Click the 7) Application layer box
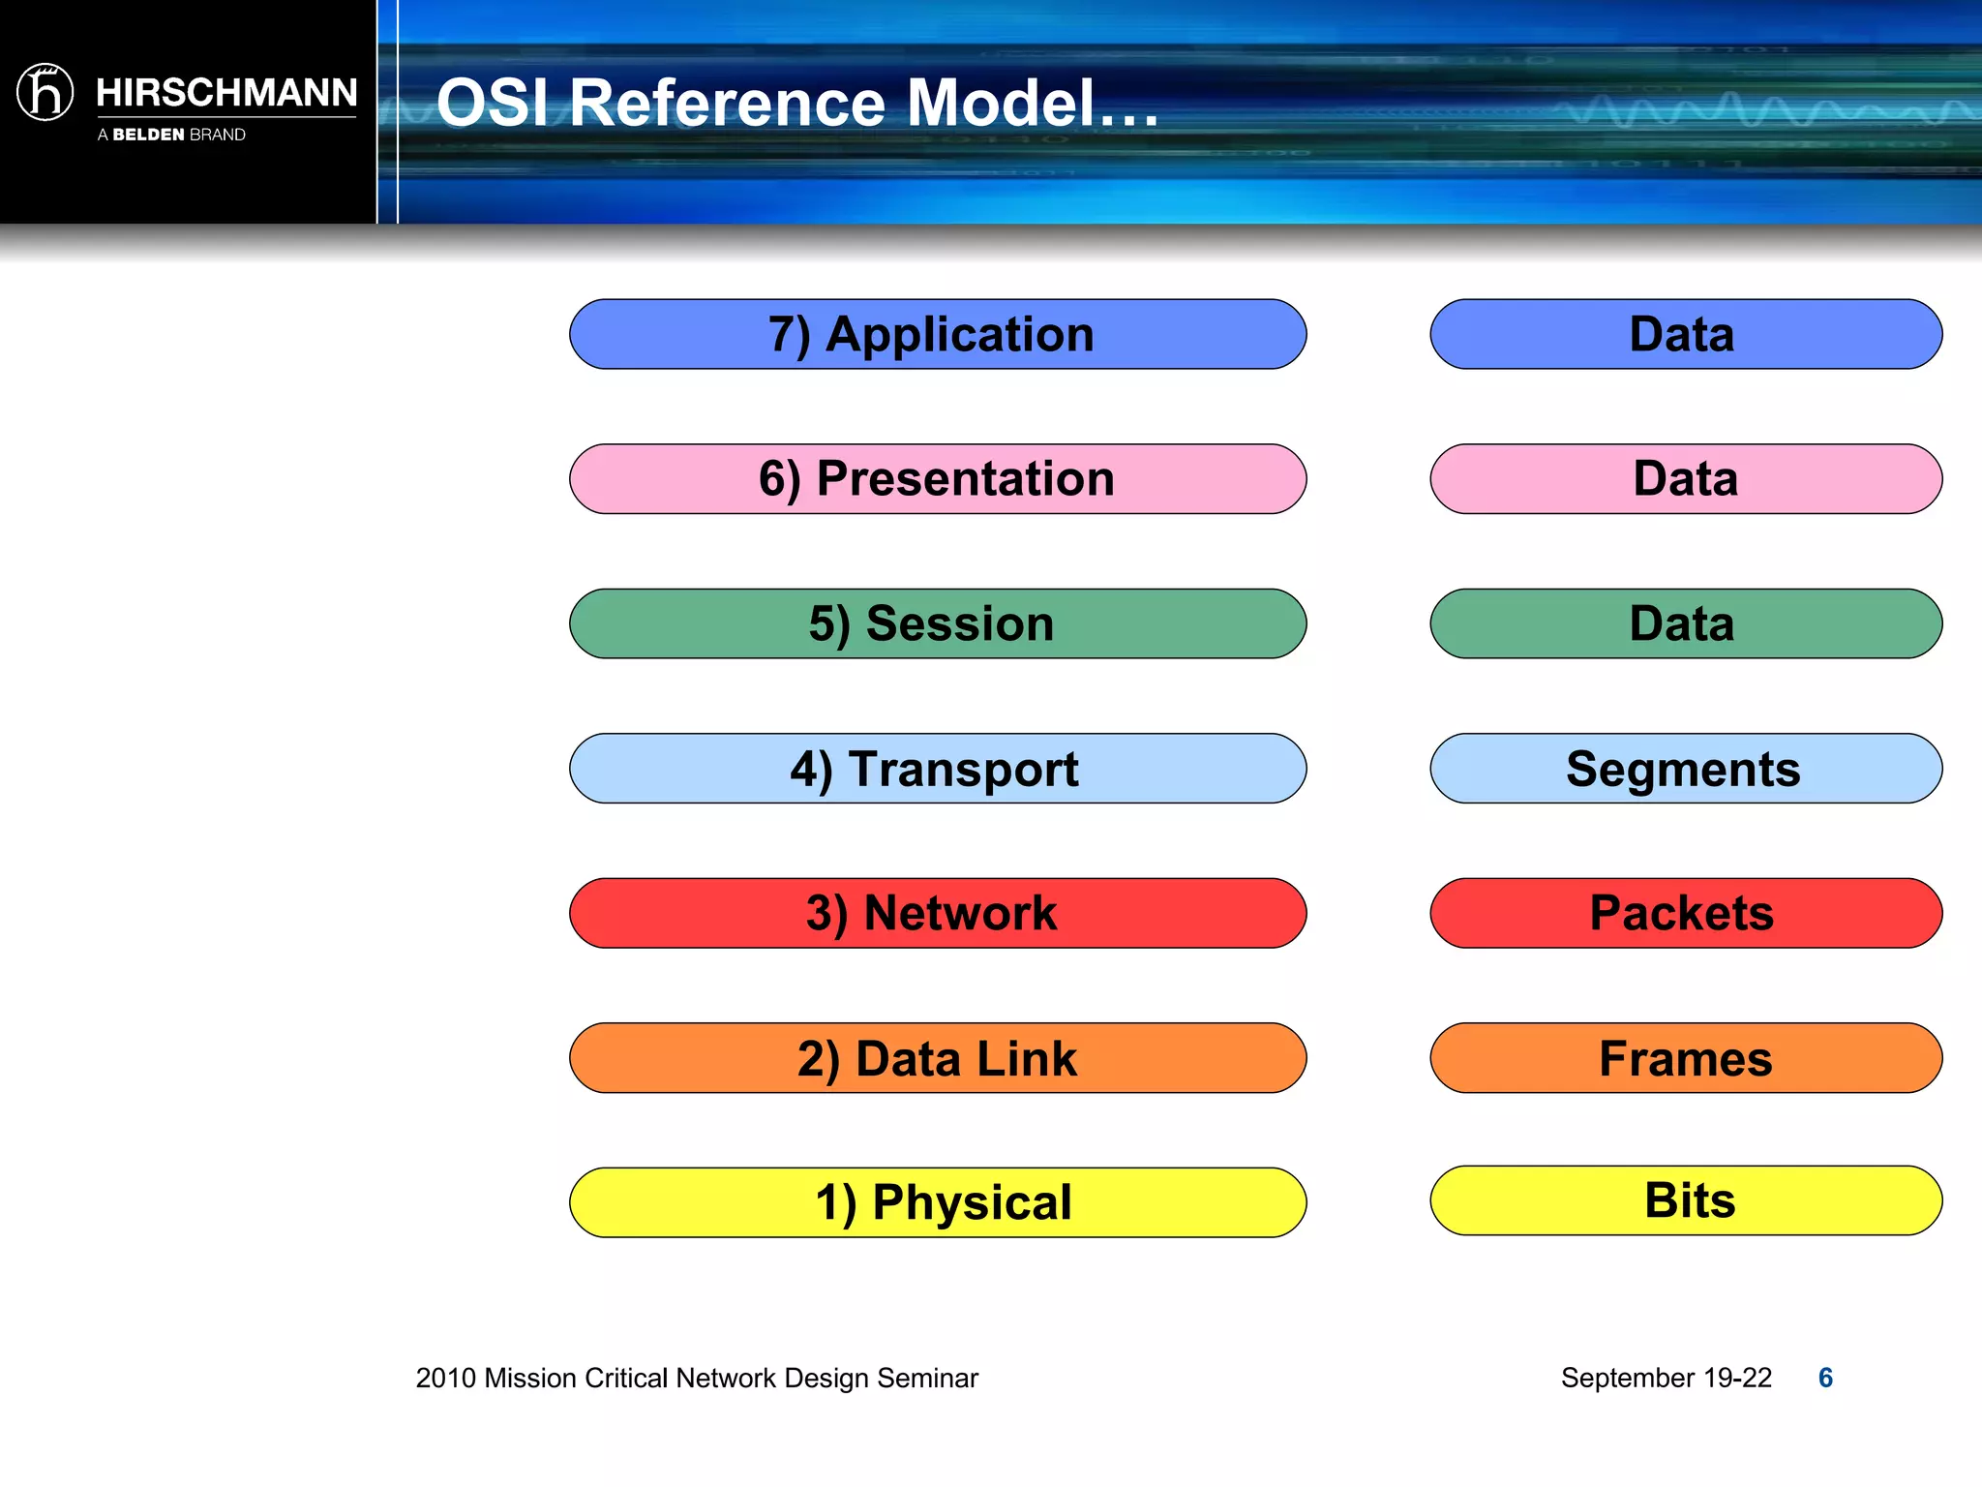pyautogui.click(x=937, y=334)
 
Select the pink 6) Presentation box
pyautogui.click(x=937, y=479)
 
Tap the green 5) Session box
pyautogui.click(x=937, y=623)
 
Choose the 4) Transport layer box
pyautogui.click(x=937, y=769)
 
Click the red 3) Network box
pyautogui.click(x=937, y=913)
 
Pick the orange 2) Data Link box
pyautogui.click(x=937, y=1058)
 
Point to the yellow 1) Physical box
pyautogui.click(x=937, y=1202)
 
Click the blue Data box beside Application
pyautogui.click(x=1685, y=334)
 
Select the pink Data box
pyautogui.click(x=1685, y=479)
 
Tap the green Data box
pyautogui.click(x=1685, y=623)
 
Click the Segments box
pyautogui.click(x=1685, y=769)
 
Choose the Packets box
pyautogui.click(x=1685, y=913)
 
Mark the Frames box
pyautogui.click(x=1685, y=1058)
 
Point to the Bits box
pyautogui.click(x=1685, y=1200)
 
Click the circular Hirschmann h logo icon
pyautogui.click(x=45, y=92)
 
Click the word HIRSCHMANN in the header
pyautogui.click(x=226, y=93)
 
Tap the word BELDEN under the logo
pyautogui.click(x=148, y=135)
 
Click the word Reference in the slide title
pyautogui.click(x=727, y=103)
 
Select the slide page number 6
pyautogui.click(x=1825, y=1378)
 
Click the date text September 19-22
pyautogui.click(x=1666, y=1378)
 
